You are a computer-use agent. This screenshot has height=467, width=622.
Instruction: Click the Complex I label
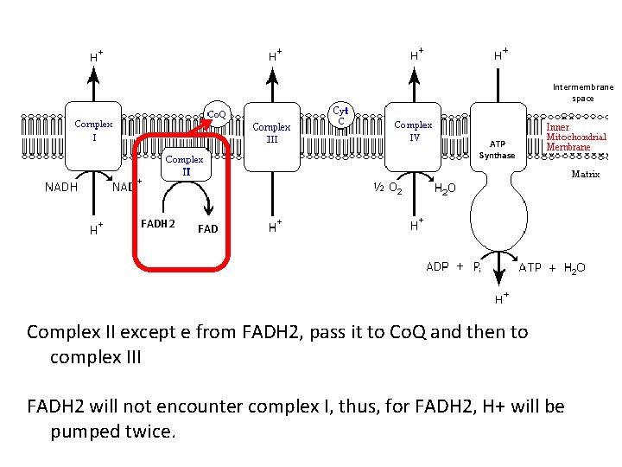(93, 131)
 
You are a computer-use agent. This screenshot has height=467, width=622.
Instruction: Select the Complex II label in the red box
(184, 165)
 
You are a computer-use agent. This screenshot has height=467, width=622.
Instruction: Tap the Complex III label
(271, 133)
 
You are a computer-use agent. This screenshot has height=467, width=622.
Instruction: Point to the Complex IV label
(413, 131)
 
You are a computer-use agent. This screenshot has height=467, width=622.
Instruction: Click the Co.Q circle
(216, 114)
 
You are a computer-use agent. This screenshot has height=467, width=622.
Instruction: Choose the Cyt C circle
(340, 115)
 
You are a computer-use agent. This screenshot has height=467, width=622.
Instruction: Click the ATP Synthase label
(497, 150)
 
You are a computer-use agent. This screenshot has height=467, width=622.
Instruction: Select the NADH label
(61, 186)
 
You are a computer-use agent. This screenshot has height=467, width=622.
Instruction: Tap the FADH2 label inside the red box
(158, 225)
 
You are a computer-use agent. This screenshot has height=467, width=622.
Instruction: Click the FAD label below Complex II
(207, 229)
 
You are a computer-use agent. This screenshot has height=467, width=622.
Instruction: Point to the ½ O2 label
(385, 188)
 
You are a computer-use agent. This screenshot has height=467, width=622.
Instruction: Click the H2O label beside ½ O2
(446, 188)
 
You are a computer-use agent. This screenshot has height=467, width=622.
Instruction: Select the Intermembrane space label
(583, 93)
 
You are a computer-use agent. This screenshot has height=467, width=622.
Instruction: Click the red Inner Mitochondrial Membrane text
(576, 137)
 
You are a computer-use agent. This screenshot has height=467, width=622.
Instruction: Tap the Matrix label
(585, 174)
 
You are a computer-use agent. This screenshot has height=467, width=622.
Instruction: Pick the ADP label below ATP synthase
(437, 266)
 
